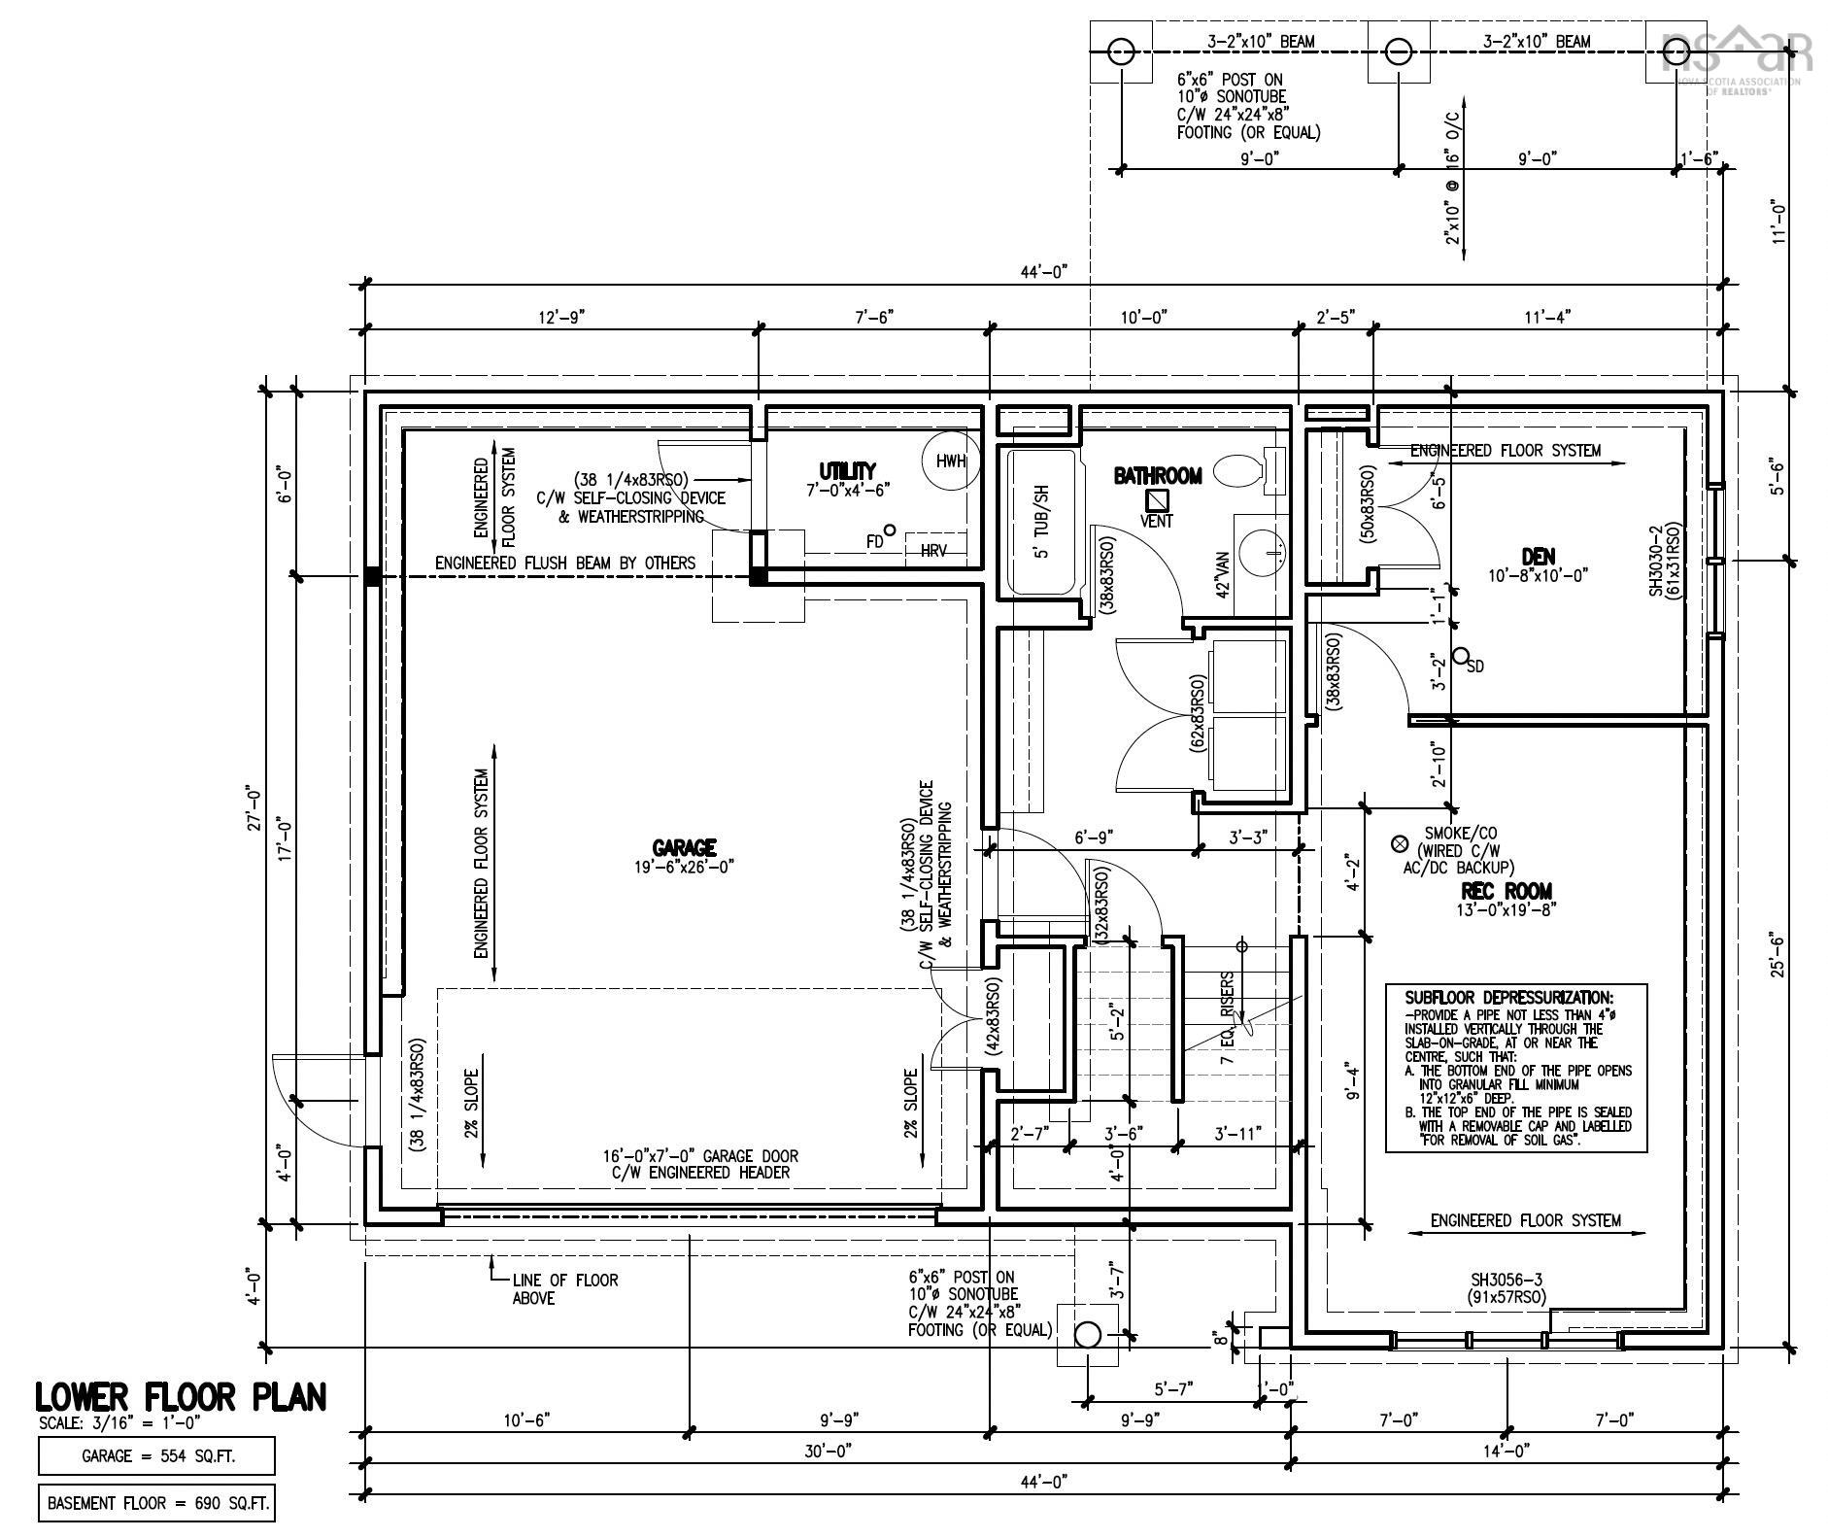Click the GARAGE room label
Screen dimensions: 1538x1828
684,847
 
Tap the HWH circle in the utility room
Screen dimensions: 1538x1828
951,461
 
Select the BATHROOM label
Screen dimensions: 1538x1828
1157,476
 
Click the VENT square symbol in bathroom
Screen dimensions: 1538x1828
1157,499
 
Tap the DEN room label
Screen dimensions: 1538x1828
1539,557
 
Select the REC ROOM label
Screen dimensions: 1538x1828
1506,891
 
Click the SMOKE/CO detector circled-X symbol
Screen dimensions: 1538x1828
1400,842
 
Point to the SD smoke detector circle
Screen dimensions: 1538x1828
1459,657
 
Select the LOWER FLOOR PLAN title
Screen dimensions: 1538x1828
181,1397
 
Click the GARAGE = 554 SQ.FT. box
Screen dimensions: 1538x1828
157,1456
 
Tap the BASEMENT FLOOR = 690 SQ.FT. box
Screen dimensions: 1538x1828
157,1503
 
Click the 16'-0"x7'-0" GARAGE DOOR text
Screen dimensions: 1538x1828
699,1156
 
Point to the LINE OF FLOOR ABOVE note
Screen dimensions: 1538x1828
564,1288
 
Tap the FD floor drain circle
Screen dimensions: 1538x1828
888,530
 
